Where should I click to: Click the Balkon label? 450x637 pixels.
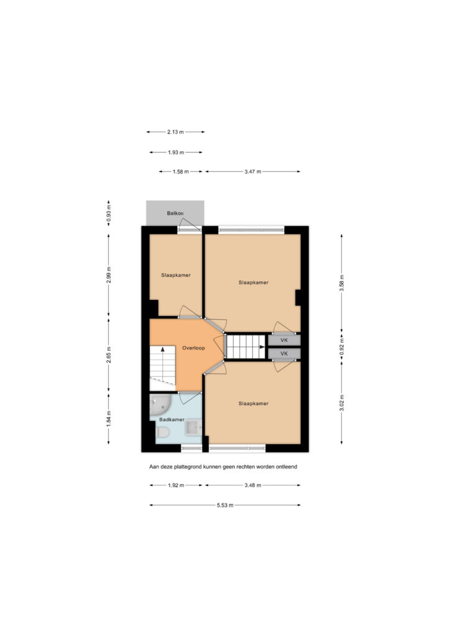coord(175,213)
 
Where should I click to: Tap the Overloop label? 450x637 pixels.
coord(193,348)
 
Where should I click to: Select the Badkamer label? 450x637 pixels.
coord(172,419)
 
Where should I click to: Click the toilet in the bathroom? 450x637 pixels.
coord(162,432)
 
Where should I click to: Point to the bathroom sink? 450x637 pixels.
coord(193,428)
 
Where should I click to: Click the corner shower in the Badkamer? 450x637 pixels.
coord(159,404)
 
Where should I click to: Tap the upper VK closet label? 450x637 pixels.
coord(284,340)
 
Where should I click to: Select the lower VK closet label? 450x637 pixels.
coord(284,353)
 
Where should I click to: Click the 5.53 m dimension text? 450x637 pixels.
coord(225,505)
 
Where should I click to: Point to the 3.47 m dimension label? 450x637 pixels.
coord(253,172)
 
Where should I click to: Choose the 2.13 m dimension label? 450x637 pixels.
coord(175,132)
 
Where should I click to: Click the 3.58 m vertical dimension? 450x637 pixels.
coord(342,283)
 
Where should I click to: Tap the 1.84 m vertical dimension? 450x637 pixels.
coord(109,419)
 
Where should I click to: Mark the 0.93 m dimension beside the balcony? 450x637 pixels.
coord(109,215)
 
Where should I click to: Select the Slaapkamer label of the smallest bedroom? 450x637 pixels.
coord(176,275)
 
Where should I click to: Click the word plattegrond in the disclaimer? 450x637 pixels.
coord(188,467)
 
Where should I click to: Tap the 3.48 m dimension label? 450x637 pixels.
coord(253,485)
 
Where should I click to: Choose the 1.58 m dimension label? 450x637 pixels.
coord(181,172)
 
